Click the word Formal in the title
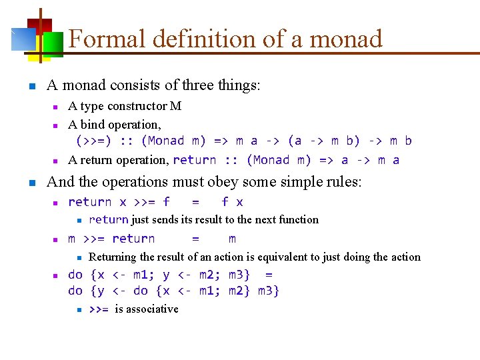click(x=107, y=39)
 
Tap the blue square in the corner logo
click(x=23, y=39)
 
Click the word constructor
click(x=138, y=106)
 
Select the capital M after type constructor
click(x=176, y=106)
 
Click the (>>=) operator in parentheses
click(x=94, y=141)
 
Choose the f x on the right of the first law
click(x=232, y=202)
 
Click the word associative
click(x=153, y=309)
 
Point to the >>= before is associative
click(x=99, y=309)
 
